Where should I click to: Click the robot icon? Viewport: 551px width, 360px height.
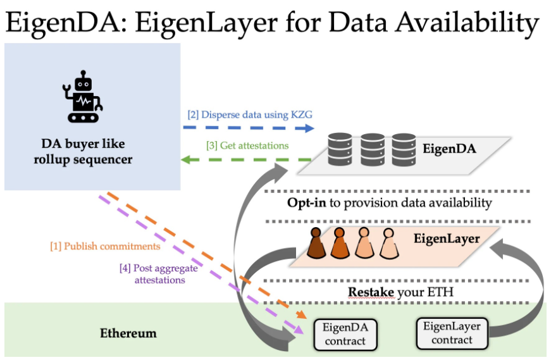click(x=83, y=96)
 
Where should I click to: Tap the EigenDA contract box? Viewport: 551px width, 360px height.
click(x=345, y=334)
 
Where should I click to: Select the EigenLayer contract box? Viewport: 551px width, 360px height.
click(x=452, y=333)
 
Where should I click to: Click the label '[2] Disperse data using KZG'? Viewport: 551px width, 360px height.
click(x=250, y=115)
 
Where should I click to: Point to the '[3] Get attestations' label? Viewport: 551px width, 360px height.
click(x=247, y=146)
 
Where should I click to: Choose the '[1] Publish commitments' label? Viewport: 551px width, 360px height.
click(x=105, y=246)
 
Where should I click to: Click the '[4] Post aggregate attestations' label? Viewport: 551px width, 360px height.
click(x=159, y=274)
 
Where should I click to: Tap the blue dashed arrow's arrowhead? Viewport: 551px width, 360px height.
click(x=309, y=128)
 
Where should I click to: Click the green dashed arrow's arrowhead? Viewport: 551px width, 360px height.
click(x=185, y=160)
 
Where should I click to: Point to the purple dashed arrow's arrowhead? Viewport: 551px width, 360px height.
click(x=299, y=330)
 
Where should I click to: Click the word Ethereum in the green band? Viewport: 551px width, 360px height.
click(x=128, y=333)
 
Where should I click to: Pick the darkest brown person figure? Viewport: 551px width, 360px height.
click(x=316, y=244)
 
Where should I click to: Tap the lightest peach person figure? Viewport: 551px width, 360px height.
click(x=388, y=244)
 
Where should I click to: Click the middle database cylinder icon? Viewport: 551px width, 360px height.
click(x=373, y=149)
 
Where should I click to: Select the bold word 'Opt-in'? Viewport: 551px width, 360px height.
click(x=307, y=203)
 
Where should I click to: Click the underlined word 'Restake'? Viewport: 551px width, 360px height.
click(x=371, y=292)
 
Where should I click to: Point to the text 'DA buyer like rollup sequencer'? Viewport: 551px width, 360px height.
click(x=83, y=151)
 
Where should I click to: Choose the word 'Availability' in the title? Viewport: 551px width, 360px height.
click(x=467, y=23)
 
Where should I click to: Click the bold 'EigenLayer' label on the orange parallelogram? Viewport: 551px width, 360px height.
click(x=447, y=239)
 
